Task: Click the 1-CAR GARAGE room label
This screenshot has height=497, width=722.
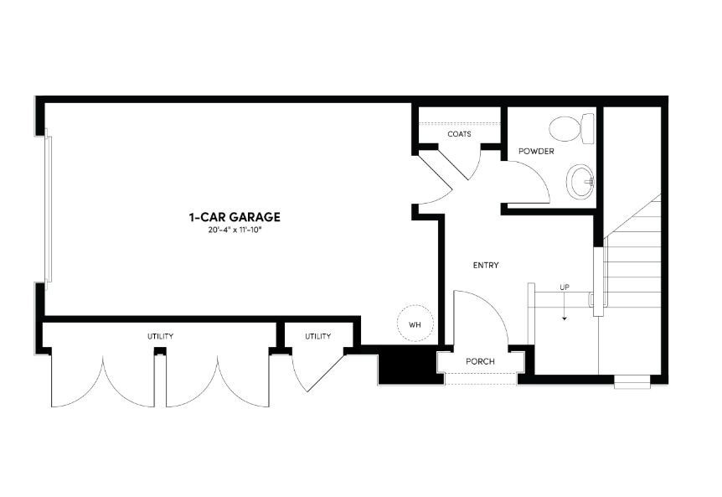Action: (x=234, y=217)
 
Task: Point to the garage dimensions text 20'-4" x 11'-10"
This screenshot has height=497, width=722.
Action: (x=234, y=230)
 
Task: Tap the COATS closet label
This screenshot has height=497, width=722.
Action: (x=458, y=134)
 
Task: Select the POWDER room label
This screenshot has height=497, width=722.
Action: (x=536, y=152)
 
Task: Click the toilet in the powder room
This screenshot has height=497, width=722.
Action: (x=571, y=129)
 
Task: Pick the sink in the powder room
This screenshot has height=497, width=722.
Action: (x=580, y=181)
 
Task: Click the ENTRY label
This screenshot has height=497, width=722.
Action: (x=486, y=265)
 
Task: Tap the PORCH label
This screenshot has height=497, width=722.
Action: (x=480, y=362)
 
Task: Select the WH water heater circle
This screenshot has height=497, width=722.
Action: (x=415, y=323)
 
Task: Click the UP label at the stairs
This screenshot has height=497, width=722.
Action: (x=565, y=288)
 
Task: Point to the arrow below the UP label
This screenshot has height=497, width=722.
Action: (x=565, y=312)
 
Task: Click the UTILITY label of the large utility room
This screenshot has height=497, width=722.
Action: (x=160, y=336)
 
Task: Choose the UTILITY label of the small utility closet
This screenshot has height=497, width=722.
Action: (x=317, y=336)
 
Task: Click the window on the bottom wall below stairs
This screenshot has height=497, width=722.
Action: (x=632, y=384)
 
